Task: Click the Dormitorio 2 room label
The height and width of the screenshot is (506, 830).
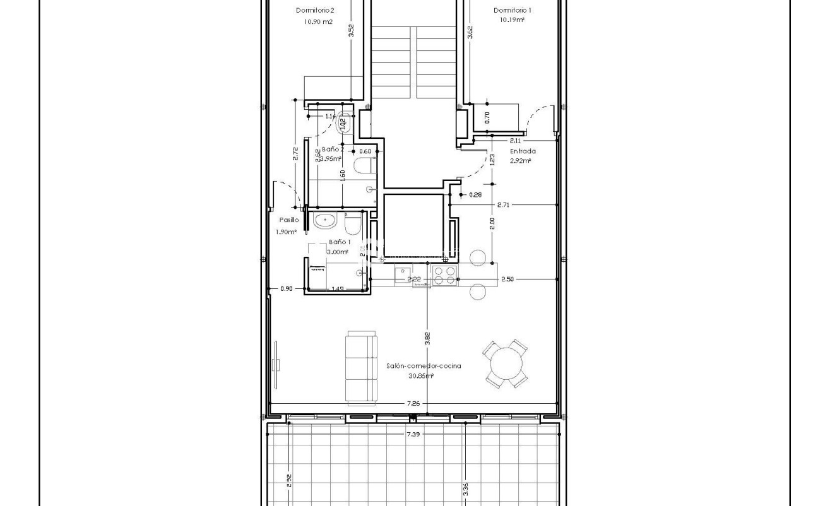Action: pyautogui.click(x=315, y=10)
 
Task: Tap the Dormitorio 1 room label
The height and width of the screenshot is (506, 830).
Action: pyautogui.click(x=512, y=10)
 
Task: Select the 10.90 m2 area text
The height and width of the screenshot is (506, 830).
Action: pyautogui.click(x=318, y=21)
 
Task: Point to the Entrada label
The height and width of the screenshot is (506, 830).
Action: pyautogui.click(x=523, y=151)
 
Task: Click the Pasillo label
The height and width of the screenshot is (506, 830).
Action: pyautogui.click(x=288, y=220)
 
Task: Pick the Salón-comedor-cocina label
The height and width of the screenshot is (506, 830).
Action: pyautogui.click(x=424, y=366)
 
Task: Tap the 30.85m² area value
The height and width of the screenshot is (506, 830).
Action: pyautogui.click(x=421, y=376)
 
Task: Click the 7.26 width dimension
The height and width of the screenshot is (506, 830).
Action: pyautogui.click(x=413, y=403)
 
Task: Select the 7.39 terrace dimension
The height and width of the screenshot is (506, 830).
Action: pyautogui.click(x=413, y=434)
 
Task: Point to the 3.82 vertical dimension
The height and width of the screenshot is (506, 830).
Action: pyautogui.click(x=427, y=338)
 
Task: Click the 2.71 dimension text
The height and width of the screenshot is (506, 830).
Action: pyautogui.click(x=503, y=204)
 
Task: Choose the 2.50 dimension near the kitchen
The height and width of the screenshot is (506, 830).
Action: pyautogui.click(x=507, y=279)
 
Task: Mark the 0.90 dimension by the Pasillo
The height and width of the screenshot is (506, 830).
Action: pyautogui.click(x=286, y=289)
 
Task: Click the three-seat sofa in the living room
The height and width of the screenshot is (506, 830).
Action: pyautogui.click(x=361, y=368)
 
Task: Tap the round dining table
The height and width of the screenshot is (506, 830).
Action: pyautogui.click(x=507, y=364)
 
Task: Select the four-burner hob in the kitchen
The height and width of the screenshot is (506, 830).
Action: pyautogui.click(x=444, y=276)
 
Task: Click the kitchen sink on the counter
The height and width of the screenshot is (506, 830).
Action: pyautogui.click(x=402, y=274)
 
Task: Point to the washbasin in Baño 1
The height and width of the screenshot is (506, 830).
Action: pyautogui.click(x=325, y=221)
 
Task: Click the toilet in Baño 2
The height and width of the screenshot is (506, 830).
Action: pyautogui.click(x=363, y=167)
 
